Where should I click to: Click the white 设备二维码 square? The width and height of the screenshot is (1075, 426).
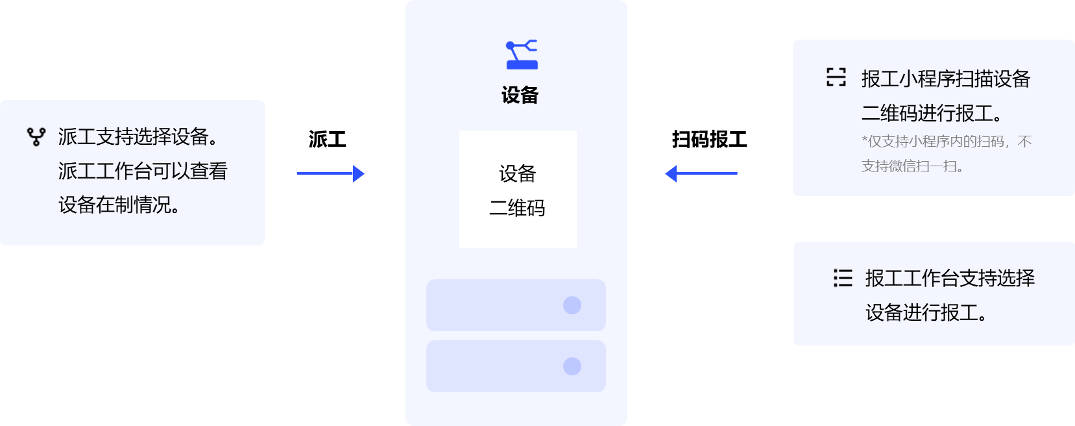(x=518, y=189)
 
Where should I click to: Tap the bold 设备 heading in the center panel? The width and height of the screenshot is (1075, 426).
(x=520, y=95)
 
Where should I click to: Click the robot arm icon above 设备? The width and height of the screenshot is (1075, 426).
(x=522, y=54)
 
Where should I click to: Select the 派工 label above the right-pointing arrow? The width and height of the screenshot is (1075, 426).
(x=327, y=139)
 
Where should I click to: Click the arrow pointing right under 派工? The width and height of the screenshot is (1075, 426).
(x=331, y=173)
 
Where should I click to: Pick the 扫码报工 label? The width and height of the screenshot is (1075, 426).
(x=709, y=139)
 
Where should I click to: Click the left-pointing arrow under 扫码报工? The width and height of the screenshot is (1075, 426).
(x=701, y=173)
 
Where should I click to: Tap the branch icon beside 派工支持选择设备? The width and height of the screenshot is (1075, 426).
(x=36, y=136)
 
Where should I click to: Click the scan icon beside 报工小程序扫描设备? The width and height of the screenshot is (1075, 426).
(x=836, y=77)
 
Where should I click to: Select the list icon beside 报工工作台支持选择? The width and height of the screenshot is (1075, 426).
(x=843, y=278)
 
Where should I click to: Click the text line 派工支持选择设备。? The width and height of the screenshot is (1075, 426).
(x=138, y=137)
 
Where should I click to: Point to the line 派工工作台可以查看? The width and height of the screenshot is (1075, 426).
(x=143, y=171)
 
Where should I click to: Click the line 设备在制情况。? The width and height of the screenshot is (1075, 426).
(x=119, y=205)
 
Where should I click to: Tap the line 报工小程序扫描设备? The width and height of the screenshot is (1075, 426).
(x=945, y=79)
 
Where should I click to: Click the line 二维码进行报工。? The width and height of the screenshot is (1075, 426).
(x=932, y=114)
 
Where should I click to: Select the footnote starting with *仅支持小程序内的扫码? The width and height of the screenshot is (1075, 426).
(x=946, y=154)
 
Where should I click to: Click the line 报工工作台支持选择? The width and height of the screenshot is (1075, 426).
(x=950, y=279)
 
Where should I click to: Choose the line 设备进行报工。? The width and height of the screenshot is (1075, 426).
(x=926, y=313)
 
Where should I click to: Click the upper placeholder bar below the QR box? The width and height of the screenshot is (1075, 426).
(x=516, y=305)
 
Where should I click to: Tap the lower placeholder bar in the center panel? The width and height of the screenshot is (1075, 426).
(x=516, y=366)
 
